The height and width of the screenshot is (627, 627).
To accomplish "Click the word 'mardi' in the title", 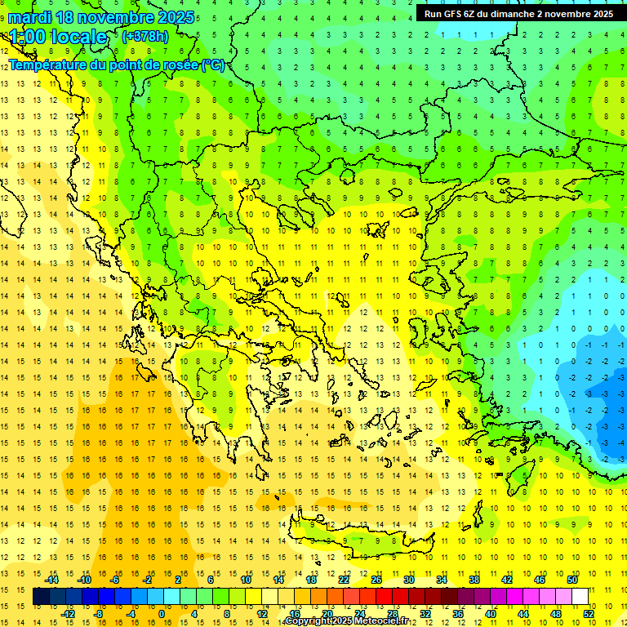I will (29, 17).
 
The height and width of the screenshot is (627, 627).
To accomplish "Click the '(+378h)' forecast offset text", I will (145, 36).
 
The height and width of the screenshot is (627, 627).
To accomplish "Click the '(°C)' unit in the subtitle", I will (213, 65).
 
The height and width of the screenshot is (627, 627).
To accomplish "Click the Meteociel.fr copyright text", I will (351, 621).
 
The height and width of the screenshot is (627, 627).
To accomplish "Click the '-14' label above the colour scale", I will (53, 580).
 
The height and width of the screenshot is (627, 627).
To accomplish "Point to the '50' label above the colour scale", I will (571, 580).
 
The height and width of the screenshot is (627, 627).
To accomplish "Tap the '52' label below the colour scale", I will (588, 614).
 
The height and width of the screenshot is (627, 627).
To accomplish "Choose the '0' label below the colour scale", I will (161, 614).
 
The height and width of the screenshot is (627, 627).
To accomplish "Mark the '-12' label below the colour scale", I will (69, 614).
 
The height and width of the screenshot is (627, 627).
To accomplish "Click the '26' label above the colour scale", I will (376, 580).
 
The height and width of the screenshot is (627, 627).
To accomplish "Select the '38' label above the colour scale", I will (474, 580).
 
